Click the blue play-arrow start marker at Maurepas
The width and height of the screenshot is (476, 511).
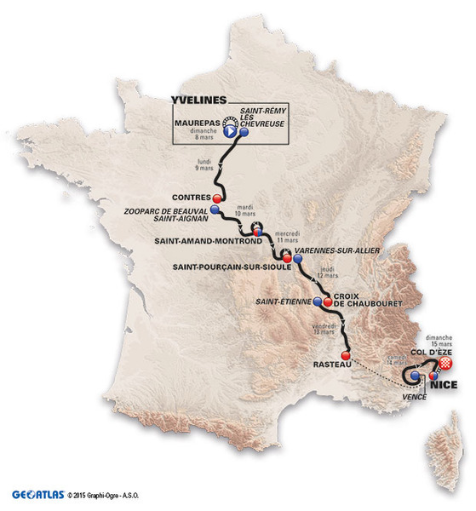click(x=230, y=132)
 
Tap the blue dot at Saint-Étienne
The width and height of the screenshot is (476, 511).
click(x=318, y=303)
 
